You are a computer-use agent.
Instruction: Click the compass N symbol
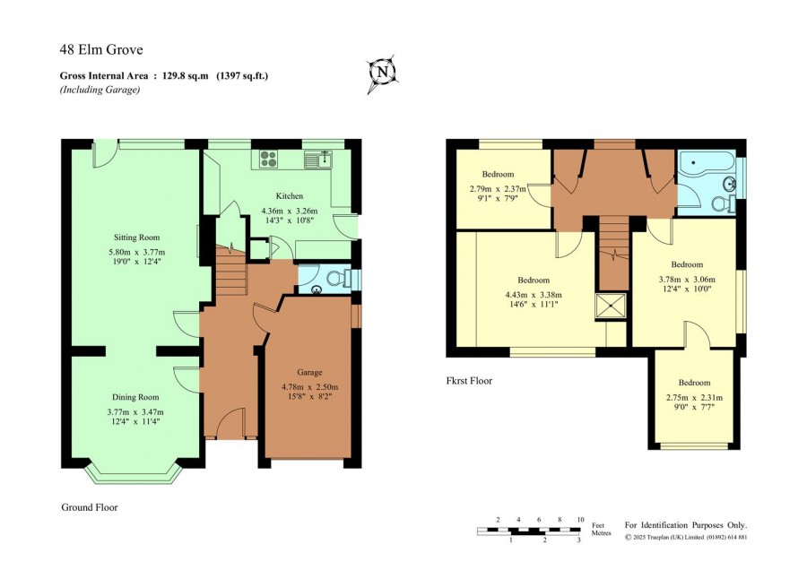(382, 73)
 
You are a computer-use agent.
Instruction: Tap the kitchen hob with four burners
(269, 159)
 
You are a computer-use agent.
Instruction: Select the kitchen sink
(318, 160)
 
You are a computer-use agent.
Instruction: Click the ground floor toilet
(340, 279)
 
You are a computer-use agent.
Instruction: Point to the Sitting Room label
(137, 237)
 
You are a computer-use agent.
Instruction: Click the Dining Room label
(135, 397)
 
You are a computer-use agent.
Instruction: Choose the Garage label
(309, 372)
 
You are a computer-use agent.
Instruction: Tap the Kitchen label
(290, 196)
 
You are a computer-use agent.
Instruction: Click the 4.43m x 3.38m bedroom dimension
(534, 295)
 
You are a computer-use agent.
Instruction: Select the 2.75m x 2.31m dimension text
(694, 398)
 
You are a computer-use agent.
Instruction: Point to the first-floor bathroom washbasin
(730, 184)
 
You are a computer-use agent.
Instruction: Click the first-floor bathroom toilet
(725, 203)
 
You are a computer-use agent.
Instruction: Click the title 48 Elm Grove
(101, 50)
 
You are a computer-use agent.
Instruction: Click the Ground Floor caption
(90, 507)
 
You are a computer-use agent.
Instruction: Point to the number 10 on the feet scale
(580, 520)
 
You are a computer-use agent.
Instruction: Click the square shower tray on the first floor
(611, 307)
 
